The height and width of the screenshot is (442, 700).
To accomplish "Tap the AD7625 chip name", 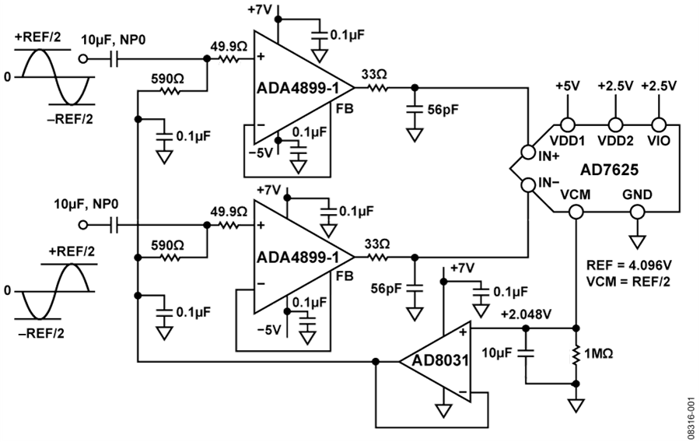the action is pos(609,170).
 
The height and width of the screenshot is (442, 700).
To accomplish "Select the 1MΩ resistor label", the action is pos(598,354).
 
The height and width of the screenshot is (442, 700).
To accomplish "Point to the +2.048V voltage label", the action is pos(526,314).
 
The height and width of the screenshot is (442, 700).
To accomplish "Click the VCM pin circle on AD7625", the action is pos(576,212).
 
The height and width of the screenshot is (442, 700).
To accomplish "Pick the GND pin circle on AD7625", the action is pos(638,212).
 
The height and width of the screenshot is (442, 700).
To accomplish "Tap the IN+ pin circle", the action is pos(528,153).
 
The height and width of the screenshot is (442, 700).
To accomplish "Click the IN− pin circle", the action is pos(528,184).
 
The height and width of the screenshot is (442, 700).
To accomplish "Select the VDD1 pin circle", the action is pos(568,125).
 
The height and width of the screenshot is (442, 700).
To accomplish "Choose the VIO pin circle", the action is pos(659,125).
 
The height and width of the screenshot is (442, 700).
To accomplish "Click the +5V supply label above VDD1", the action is pos(568,86).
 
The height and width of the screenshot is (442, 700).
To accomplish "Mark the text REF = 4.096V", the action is pos(628,265).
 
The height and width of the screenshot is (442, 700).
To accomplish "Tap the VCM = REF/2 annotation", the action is pos(628,282).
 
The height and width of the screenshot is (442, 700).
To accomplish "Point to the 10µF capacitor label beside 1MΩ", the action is pos(495,353).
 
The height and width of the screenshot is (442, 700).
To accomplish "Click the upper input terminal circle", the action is pos(82,58).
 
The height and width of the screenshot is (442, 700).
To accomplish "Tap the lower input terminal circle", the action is pos(82,225).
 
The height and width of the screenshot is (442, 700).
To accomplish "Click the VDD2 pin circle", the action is pos(615,125).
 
